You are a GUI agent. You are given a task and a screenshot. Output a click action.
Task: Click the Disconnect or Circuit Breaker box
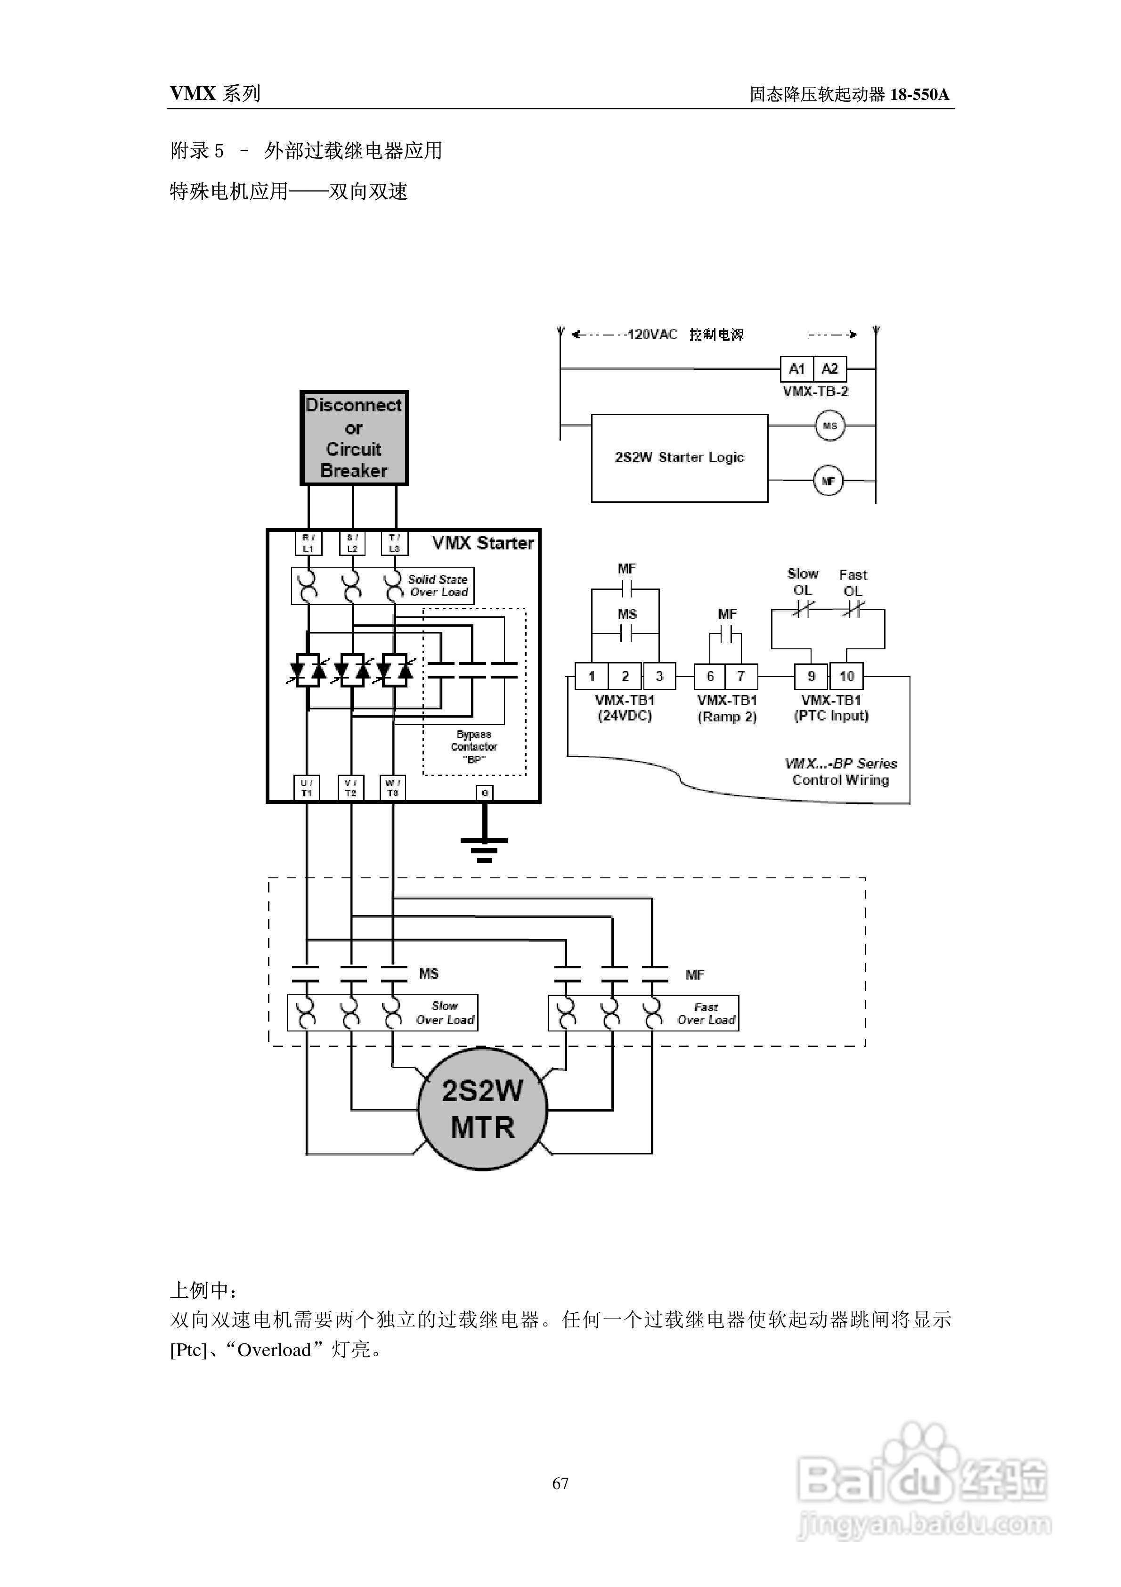pyautogui.click(x=354, y=438)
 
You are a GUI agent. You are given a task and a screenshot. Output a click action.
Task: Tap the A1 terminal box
pyautogui.click(x=797, y=369)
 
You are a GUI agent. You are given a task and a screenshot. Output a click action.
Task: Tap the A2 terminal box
pyautogui.click(x=829, y=369)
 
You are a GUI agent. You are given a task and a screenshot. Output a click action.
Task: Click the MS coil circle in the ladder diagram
pyautogui.click(x=829, y=426)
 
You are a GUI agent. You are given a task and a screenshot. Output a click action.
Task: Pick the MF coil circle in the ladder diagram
pyautogui.click(x=828, y=481)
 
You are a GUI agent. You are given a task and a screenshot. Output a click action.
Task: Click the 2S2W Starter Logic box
pyautogui.click(x=679, y=458)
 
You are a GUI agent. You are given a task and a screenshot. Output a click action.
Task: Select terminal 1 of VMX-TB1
pyautogui.click(x=592, y=676)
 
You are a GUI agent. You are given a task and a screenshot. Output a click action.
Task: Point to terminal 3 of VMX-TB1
pyautogui.click(x=659, y=676)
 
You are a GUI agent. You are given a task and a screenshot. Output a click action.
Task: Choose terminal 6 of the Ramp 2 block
pyautogui.click(x=710, y=676)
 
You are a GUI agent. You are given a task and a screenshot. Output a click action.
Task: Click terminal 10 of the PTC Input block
pyautogui.click(x=846, y=676)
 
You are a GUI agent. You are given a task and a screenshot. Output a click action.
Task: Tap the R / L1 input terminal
pyautogui.click(x=308, y=543)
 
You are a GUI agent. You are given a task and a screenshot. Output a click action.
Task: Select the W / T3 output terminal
pyautogui.click(x=392, y=788)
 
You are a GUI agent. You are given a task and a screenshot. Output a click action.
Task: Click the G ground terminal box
pyautogui.click(x=485, y=793)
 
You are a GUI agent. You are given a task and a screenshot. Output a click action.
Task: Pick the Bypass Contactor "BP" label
pyautogui.click(x=474, y=746)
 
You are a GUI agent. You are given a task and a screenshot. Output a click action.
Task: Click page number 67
pyautogui.click(x=560, y=1483)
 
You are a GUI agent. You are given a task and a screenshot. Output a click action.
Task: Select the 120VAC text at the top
pyautogui.click(x=652, y=335)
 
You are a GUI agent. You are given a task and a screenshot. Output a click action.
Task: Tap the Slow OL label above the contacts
pyautogui.click(x=803, y=582)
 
